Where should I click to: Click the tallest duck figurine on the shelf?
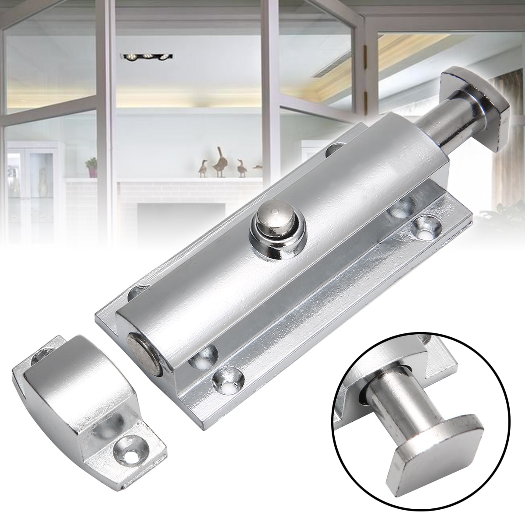219,161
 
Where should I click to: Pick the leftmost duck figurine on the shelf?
203,167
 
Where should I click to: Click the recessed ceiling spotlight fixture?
146,56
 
